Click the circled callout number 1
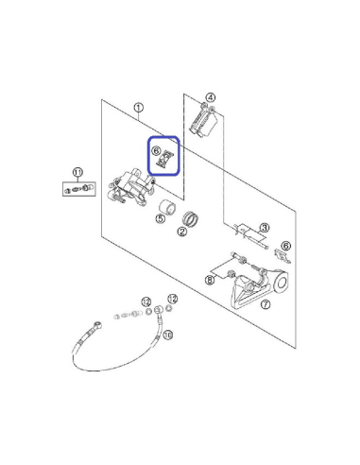pyautogui.click(x=139, y=108)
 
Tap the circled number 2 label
pyautogui.click(x=181, y=232)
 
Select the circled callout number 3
pyautogui.click(x=265, y=228)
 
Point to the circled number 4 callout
pyautogui.click(x=211, y=97)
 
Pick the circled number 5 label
pyautogui.click(x=161, y=218)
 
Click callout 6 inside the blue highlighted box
pyautogui.click(x=156, y=150)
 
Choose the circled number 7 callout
pyautogui.click(x=266, y=304)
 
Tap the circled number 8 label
pyautogui.click(x=210, y=280)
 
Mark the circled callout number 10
pyautogui.click(x=168, y=335)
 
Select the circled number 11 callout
pyautogui.click(x=77, y=172)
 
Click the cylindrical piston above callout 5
pyautogui.click(x=167, y=208)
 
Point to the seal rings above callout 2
pyautogui.click(x=191, y=218)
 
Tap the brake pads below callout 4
pyautogui.click(x=203, y=122)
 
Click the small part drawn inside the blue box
pyautogui.click(x=165, y=159)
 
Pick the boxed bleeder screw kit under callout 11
pyautogui.click(x=79, y=189)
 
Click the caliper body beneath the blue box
pyautogui.click(x=131, y=188)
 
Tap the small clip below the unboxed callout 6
pyautogui.click(x=283, y=256)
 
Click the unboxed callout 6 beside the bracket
pyautogui.click(x=285, y=246)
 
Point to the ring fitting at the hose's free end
pyautogui.click(x=98, y=324)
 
